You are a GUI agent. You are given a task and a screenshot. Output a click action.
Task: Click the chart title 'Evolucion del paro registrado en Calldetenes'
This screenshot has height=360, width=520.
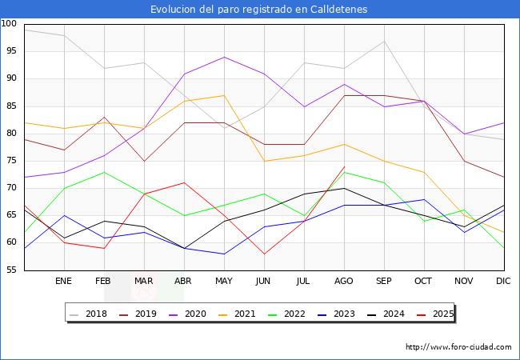(x=258, y=9)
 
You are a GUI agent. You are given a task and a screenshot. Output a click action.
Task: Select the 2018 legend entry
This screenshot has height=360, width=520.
(x=89, y=314)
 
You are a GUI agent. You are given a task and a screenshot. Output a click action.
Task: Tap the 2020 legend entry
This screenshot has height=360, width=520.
(x=188, y=314)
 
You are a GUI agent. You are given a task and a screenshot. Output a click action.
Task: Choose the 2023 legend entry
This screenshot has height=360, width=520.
(x=337, y=314)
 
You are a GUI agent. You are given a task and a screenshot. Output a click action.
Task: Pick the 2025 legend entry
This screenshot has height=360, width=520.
(x=435, y=314)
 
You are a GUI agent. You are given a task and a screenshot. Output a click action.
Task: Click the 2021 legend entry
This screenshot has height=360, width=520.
(x=238, y=314)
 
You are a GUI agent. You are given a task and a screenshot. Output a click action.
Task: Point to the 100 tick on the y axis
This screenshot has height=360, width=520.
(x=9, y=23)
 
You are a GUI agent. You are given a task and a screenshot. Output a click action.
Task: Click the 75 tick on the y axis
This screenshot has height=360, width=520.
(x=11, y=161)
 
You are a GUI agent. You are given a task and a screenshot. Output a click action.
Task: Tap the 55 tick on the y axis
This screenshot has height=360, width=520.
(x=11, y=270)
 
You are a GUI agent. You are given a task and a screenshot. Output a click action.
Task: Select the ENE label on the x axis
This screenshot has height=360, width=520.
(x=63, y=281)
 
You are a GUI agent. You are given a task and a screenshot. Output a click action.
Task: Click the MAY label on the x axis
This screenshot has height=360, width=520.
(x=224, y=281)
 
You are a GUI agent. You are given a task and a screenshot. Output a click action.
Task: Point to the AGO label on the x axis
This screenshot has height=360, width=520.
(x=343, y=281)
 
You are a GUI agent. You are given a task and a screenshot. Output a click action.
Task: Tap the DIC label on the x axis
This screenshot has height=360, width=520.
(x=503, y=281)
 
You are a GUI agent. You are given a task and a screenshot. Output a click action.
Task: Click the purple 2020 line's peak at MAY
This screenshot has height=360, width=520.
(x=225, y=57)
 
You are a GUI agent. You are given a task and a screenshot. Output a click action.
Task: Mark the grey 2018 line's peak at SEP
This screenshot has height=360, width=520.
(x=384, y=41)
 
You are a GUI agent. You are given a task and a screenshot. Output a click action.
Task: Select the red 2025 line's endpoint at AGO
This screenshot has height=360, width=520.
(x=345, y=166)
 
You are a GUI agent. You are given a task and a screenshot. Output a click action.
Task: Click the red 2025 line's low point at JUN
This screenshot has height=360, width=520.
(x=264, y=254)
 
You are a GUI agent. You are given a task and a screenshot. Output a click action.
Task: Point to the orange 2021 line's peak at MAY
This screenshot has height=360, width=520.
(x=225, y=95)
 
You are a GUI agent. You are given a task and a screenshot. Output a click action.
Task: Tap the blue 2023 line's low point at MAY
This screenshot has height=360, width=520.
(x=225, y=254)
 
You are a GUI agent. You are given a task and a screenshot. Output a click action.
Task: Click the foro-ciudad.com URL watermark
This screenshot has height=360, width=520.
(x=458, y=347)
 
